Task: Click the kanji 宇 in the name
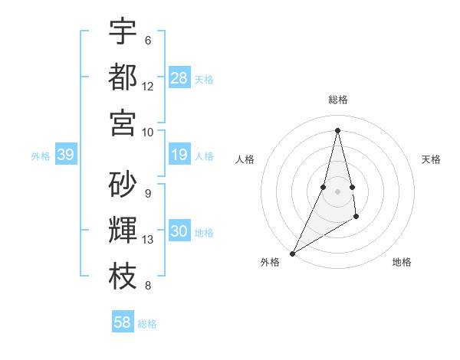(123, 31)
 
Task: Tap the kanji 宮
(123, 122)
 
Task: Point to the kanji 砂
(123, 185)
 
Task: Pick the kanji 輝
(123, 230)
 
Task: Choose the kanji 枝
(123, 276)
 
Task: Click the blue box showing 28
(179, 78)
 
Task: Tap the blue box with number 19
(179, 155)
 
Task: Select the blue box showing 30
(179, 232)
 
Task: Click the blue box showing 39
(65, 155)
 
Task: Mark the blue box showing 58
(123, 322)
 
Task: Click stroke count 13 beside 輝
(148, 240)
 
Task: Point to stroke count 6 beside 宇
(148, 41)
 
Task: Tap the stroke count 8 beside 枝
(148, 286)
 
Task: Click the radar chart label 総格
(337, 100)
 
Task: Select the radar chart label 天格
(431, 159)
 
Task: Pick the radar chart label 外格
(270, 262)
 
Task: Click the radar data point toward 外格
(292, 253)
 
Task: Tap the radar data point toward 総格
(337, 129)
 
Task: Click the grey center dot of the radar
(337, 180)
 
